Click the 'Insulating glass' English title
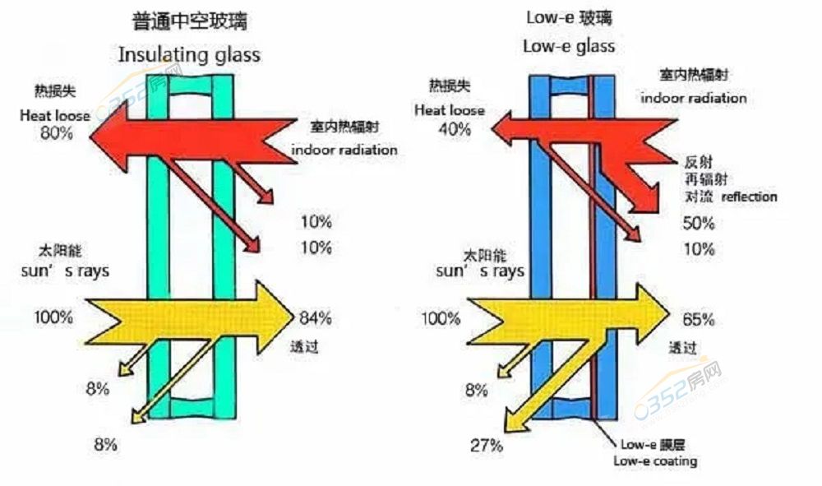(189, 55)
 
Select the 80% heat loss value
(56, 132)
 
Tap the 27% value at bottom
(486, 447)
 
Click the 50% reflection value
(699, 223)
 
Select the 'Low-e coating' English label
(655, 461)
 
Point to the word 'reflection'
(749, 197)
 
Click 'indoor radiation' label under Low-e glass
(694, 98)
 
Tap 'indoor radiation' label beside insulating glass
(344, 150)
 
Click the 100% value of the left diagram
(54, 317)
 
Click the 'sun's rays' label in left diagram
(65, 270)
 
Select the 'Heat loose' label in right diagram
(450, 110)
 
